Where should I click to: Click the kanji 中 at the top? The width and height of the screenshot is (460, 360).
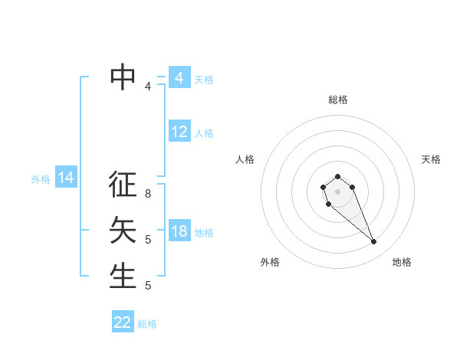click(x=123, y=75)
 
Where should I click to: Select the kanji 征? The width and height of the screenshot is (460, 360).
click(x=123, y=185)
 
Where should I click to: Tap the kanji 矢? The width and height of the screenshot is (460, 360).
click(x=123, y=230)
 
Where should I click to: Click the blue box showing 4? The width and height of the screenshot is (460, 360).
click(x=179, y=78)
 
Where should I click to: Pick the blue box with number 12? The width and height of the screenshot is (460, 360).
click(x=179, y=132)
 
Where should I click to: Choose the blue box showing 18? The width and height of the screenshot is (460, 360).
click(x=179, y=231)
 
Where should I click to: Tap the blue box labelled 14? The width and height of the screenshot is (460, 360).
click(x=66, y=178)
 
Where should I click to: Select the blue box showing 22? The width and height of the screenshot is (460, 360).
click(x=123, y=322)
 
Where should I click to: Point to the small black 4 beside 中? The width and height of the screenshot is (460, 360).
click(x=148, y=87)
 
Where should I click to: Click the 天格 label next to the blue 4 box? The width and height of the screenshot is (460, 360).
click(x=204, y=79)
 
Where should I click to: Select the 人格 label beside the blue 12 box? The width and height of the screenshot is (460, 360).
click(x=204, y=133)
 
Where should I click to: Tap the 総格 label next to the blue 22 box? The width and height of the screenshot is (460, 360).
click(x=147, y=324)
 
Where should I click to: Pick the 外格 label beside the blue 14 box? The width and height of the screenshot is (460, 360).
click(x=41, y=179)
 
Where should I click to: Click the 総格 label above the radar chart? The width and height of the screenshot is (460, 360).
click(x=337, y=100)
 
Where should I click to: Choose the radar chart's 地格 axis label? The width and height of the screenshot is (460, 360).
click(x=402, y=262)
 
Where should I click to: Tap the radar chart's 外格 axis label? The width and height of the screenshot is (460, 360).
click(x=270, y=262)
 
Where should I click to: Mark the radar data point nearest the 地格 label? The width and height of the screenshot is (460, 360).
click(x=374, y=242)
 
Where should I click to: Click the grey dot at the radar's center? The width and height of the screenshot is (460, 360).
click(x=337, y=191)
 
